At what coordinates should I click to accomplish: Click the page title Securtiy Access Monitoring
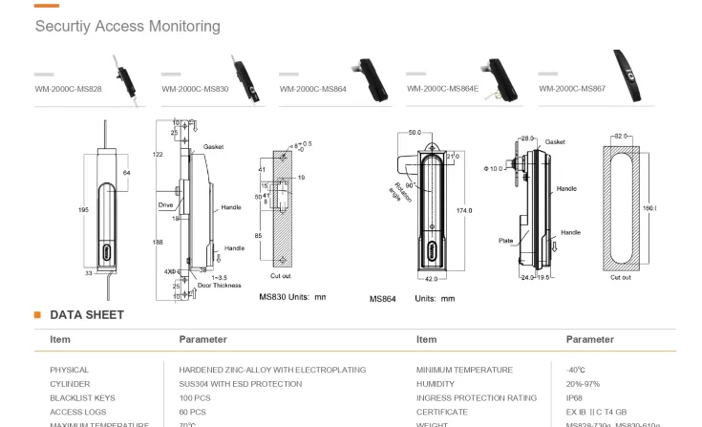127,26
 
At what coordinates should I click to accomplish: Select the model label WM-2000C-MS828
68,89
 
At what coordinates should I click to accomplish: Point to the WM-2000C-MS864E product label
442,89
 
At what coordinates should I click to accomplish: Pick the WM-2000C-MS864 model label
313,89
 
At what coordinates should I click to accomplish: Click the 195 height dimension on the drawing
83,208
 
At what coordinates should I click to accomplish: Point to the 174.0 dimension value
464,210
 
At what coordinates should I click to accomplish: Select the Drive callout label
165,205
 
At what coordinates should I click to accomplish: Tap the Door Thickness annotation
220,286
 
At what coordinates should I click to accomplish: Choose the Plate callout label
505,241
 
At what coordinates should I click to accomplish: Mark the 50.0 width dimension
415,133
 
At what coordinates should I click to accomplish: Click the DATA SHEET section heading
87,314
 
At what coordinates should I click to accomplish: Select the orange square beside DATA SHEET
37,314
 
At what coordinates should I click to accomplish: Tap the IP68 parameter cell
574,397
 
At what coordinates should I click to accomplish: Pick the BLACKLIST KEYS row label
82,397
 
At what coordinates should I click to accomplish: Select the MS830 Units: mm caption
292,297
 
